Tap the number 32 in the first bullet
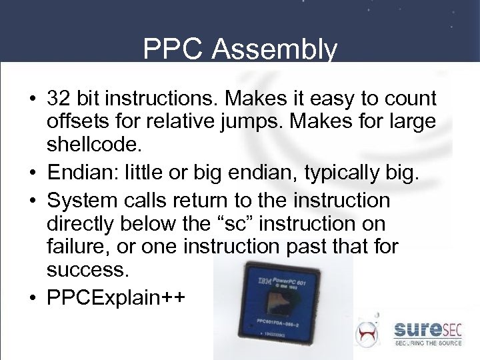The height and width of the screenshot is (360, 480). pos(57,99)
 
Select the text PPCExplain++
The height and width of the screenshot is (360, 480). pos(116,297)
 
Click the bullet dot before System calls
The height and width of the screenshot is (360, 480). pos(32,201)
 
